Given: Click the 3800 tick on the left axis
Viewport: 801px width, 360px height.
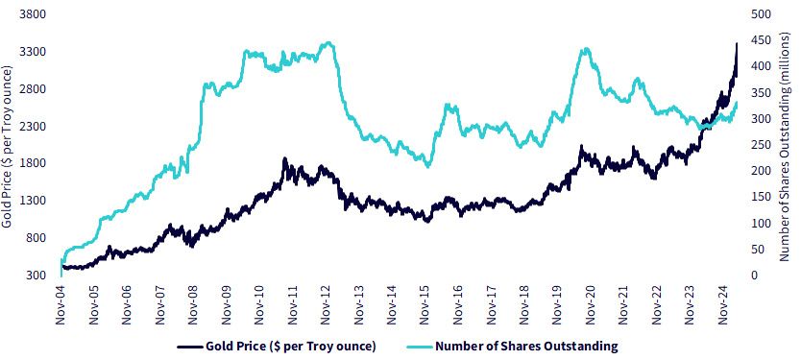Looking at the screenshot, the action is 34,14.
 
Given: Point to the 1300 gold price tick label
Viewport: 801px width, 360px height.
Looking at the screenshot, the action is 34,201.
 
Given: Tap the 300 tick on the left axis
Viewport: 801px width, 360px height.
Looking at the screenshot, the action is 36,276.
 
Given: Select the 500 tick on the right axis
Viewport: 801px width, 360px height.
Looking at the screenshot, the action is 760,14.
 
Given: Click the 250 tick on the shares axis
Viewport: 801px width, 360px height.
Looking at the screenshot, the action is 760,145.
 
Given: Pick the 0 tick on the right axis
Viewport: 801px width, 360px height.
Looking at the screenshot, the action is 754,276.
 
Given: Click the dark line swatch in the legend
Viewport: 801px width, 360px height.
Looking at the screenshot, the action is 189,347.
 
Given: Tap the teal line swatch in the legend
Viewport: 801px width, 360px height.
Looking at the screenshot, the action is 419,347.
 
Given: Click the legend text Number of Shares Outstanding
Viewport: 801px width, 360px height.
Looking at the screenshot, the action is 526,347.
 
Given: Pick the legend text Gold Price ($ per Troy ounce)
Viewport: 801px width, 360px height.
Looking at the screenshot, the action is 291,347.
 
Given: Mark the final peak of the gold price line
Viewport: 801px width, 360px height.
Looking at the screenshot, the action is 737,44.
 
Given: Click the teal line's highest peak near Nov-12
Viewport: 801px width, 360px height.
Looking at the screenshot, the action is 329,43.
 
